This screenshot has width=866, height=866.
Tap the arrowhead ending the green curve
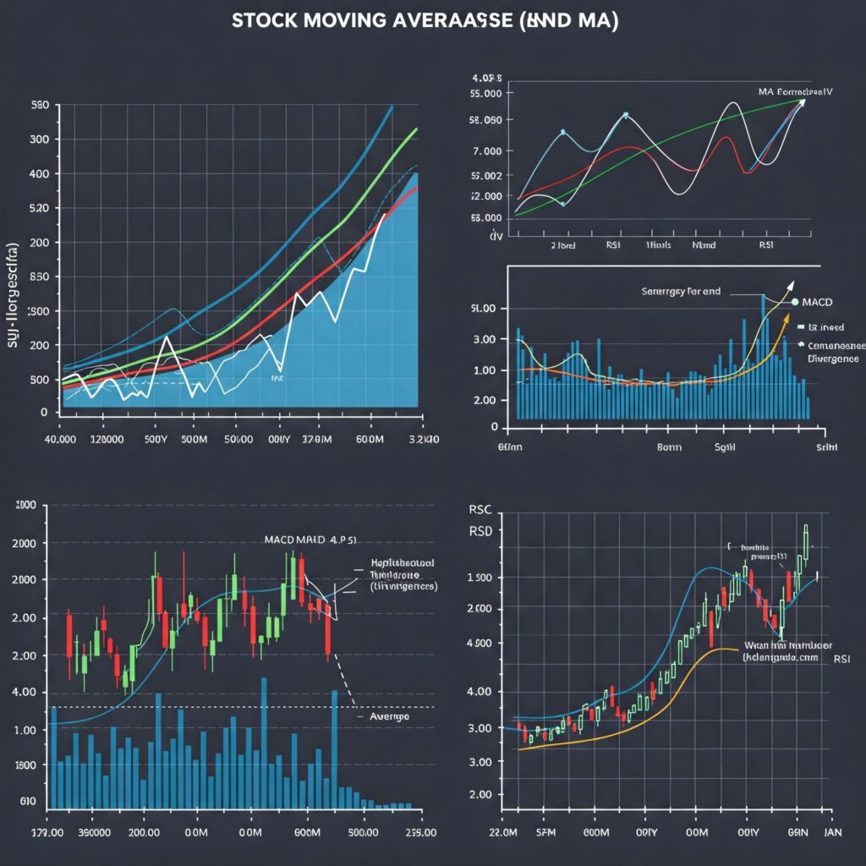801,101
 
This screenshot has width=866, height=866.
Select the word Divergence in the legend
833,359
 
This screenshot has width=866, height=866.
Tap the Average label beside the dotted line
390,716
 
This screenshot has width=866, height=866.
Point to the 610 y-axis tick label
28,801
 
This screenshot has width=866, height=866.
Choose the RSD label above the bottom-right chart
480,531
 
